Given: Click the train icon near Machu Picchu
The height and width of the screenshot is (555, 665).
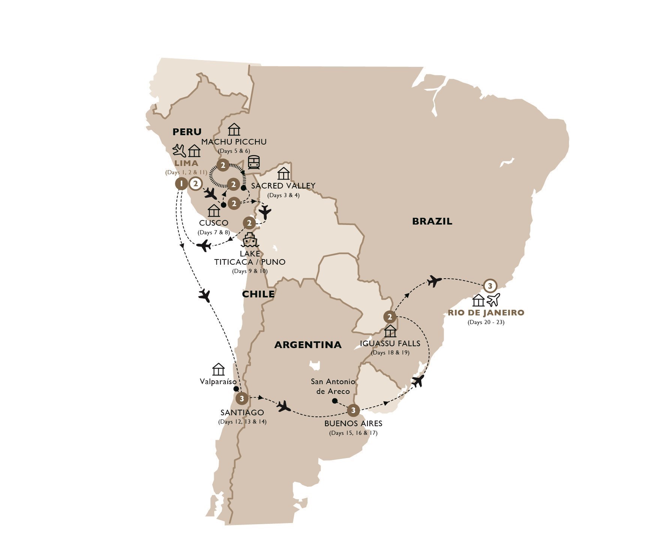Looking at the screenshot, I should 254,163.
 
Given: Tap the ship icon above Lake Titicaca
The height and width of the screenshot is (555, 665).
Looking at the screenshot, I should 250,240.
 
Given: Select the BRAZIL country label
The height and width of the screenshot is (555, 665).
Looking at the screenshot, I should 432,222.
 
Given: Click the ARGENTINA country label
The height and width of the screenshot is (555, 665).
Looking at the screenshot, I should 308,345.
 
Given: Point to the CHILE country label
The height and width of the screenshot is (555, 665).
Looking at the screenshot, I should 258,294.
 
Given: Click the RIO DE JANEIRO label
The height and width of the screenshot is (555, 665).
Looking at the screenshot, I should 486,312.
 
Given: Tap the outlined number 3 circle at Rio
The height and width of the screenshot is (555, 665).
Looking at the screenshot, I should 490,286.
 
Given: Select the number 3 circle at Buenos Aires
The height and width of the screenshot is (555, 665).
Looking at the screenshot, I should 353,410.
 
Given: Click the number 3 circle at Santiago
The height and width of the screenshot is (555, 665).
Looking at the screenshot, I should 242,398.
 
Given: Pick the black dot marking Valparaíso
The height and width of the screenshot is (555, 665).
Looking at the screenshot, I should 236,389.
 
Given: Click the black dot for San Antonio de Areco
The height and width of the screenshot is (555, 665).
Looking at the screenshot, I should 335,401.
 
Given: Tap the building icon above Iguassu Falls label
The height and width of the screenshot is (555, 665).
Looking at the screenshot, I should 390,332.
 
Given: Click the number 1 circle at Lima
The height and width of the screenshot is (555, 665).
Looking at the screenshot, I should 182,184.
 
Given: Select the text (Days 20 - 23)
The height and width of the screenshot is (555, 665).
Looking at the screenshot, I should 486,322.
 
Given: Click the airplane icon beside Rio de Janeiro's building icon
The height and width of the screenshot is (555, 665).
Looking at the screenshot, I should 494,300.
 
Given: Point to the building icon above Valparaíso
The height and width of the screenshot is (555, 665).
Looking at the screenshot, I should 218,369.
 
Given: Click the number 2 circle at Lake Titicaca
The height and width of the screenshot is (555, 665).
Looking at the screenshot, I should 249,223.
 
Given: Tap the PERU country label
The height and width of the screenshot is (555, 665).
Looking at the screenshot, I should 187,132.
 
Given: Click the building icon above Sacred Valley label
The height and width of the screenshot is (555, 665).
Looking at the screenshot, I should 284,173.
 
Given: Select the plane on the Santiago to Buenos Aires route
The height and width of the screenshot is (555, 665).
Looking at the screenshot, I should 284,406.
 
